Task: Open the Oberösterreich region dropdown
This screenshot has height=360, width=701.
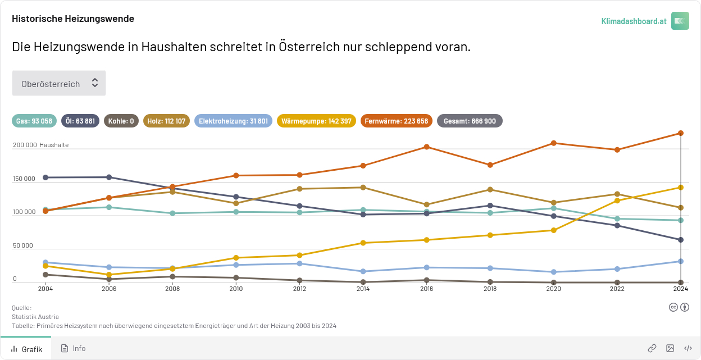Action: [x=59, y=83]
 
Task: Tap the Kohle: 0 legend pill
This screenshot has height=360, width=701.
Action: [x=121, y=121]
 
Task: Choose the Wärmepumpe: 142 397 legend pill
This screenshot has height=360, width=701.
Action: [x=316, y=121]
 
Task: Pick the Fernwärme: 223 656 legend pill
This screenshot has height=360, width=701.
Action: [x=396, y=121]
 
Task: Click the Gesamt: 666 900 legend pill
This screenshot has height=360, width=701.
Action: [x=470, y=121]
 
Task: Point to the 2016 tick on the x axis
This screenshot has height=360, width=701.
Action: [x=426, y=289]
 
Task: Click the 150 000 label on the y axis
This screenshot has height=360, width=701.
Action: [x=24, y=179]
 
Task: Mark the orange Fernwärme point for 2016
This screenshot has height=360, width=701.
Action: [x=427, y=147]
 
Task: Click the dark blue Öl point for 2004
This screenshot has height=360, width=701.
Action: [x=45, y=177]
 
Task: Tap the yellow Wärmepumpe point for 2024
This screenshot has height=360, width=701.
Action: [x=681, y=188]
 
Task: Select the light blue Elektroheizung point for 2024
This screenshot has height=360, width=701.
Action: [x=681, y=261]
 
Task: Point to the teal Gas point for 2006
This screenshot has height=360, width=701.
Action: [x=109, y=207]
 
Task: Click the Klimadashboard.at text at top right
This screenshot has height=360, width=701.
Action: [x=634, y=21]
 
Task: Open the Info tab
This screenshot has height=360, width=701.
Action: [x=74, y=348]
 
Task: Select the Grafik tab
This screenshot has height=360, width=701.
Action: [x=26, y=349]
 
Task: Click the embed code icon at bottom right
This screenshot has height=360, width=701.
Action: [x=688, y=348]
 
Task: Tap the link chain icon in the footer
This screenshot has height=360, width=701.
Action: [x=652, y=348]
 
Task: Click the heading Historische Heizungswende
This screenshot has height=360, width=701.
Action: [x=73, y=19]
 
